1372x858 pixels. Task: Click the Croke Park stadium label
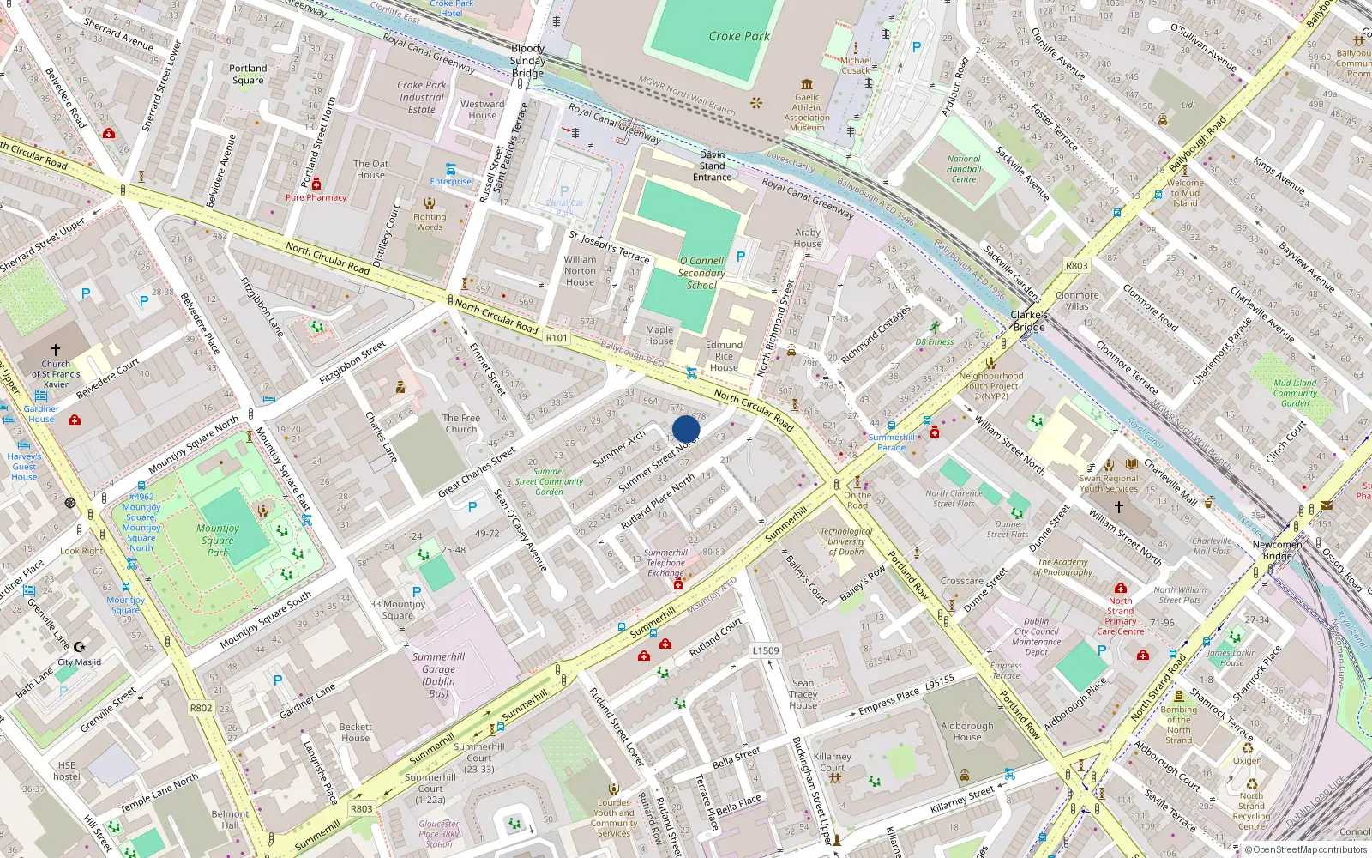(x=739, y=36)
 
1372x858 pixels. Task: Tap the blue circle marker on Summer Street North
(x=686, y=429)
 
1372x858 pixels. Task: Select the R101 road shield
(x=557, y=338)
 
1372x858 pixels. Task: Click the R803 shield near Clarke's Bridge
(x=1076, y=266)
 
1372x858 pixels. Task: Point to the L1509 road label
(x=766, y=650)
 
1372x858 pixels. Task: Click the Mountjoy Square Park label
(x=218, y=541)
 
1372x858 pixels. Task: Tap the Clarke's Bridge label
(x=1028, y=321)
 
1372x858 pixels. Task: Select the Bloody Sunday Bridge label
(x=527, y=61)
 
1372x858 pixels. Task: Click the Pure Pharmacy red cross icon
(x=316, y=184)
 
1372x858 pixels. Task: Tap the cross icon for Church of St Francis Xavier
(x=56, y=350)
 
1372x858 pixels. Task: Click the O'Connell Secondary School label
(x=701, y=273)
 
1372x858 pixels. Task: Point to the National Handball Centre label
(x=964, y=169)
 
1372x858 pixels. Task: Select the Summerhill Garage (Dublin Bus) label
(x=438, y=674)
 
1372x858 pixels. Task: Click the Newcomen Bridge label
(x=1277, y=550)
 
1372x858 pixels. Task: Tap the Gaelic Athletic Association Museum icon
(x=807, y=84)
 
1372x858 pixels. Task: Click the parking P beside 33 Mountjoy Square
(x=417, y=592)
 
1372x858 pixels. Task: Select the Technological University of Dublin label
(x=845, y=541)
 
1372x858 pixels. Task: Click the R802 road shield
(x=202, y=708)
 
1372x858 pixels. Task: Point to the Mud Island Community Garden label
(x=1295, y=393)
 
